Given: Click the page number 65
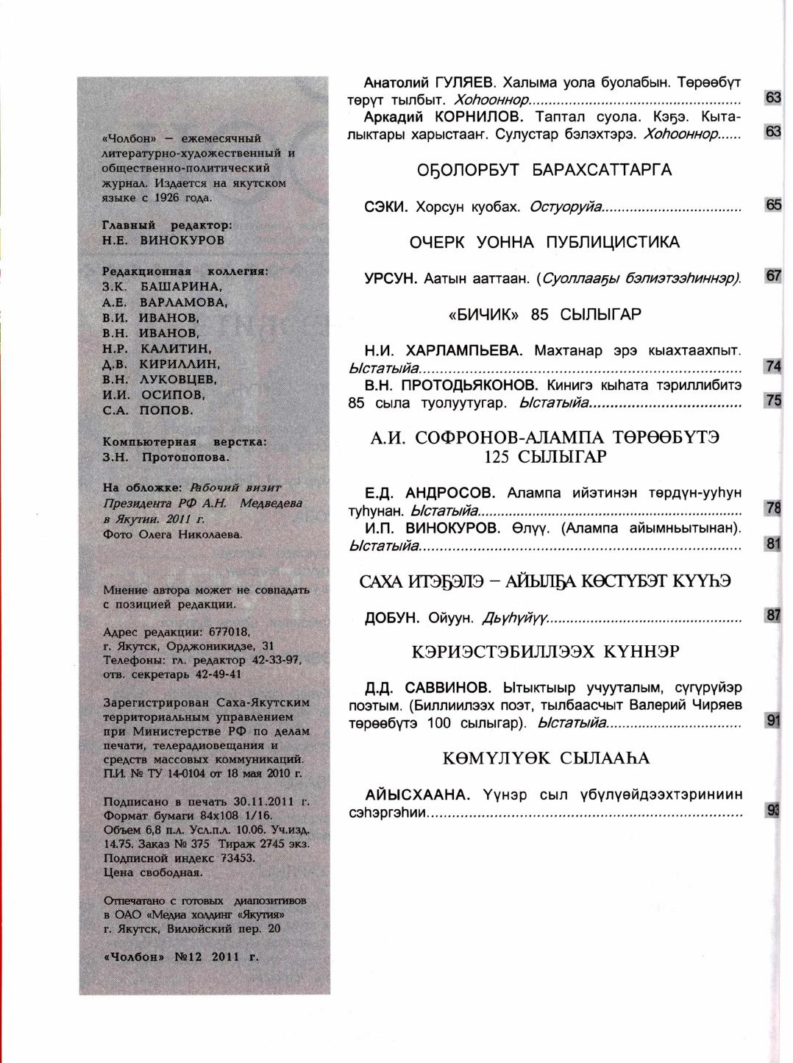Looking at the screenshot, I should click(x=773, y=205).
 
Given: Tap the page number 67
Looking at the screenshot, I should click(x=773, y=276).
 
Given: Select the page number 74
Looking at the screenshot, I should click(x=773, y=366).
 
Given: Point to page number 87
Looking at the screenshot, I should click(x=773, y=616).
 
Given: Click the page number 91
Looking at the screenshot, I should click(x=773, y=721).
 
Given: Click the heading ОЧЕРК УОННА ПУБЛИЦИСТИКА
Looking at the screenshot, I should click(x=544, y=243).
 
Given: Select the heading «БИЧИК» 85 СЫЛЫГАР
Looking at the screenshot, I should click(x=544, y=315).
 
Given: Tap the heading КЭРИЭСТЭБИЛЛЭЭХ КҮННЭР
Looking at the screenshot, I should click(x=544, y=652).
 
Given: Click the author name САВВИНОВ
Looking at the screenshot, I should click(x=447, y=688).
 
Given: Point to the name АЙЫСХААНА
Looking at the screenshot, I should click(x=417, y=795).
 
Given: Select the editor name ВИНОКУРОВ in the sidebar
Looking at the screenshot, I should click(x=182, y=241).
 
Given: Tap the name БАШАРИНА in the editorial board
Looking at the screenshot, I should click(x=179, y=287).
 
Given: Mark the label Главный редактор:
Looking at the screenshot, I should click(x=167, y=225).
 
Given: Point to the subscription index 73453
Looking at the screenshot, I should click(x=233, y=858).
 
